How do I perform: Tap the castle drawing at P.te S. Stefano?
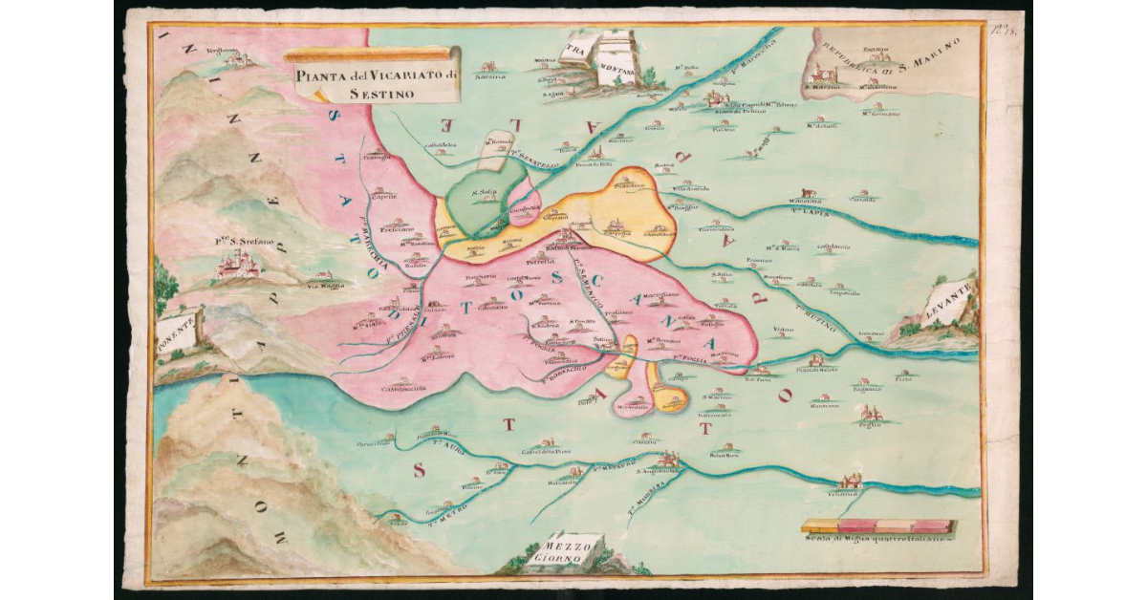(x=238, y=266)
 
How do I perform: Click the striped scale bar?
(x=878, y=525)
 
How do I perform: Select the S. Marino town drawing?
(x=822, y=75)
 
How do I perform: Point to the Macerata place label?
(x=805, y=201)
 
